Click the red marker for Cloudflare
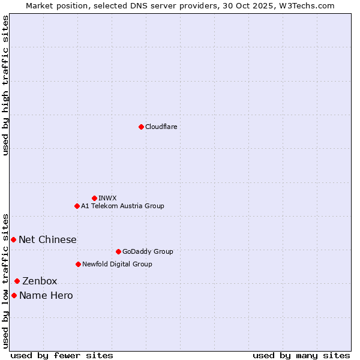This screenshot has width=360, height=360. pyautogui.click(x=141, y=127)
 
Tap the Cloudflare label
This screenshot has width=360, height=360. pyautogui.click(x=161, y=127)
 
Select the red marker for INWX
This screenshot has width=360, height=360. pyautogui.click(x=94, y=198)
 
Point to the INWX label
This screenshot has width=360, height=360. pyautogui.click(x=107, y=198)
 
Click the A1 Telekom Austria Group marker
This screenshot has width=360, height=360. pyautogui.click(x=77, y=206)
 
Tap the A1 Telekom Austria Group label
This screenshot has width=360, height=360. pyautogui.click(x=122, y=206)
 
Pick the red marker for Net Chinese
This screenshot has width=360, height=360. pyautogui.click(x=13, y=239)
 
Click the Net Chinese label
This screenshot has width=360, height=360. pyautogui.click(x=47, y=239)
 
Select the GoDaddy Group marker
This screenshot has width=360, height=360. pyautogui.click(x=118, y=251)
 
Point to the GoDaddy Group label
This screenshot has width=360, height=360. pyautogui.click(x=148, y=251)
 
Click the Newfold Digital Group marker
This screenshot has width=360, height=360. pyautogui.click(x=78, y=264)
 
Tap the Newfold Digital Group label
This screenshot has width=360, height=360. pyautogui.click(x=117, y=264)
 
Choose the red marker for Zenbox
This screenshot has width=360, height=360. pyautogui.click(x=17, y=281)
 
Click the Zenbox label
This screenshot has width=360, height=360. pyautogui.click(x=40, y=281)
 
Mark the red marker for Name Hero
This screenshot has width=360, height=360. pyautogui.click(x=14, y=295)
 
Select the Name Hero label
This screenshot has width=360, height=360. pyautogui.click(x=46, y=295)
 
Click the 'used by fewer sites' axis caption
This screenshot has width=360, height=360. pyautogui.click(x=62, y=355)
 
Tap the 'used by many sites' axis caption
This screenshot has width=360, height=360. pyautogui.click(x=301, y=355)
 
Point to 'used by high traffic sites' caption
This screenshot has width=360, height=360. pyautogui.click(x=5, y=85)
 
